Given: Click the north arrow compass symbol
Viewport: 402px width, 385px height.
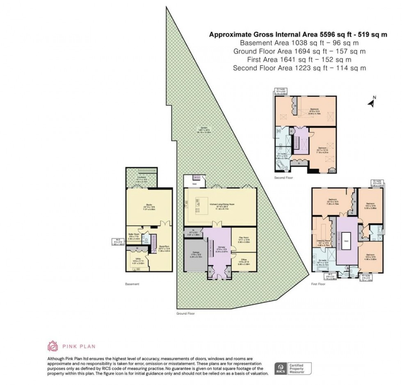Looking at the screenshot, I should pos(372,101).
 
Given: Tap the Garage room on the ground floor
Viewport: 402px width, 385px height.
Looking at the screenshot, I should pos(195,255).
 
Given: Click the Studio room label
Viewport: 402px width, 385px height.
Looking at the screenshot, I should pos(148,207).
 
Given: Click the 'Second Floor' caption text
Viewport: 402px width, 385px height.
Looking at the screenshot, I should pos(283,178).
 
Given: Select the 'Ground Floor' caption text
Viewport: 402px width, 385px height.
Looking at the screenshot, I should pos(185,313).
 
